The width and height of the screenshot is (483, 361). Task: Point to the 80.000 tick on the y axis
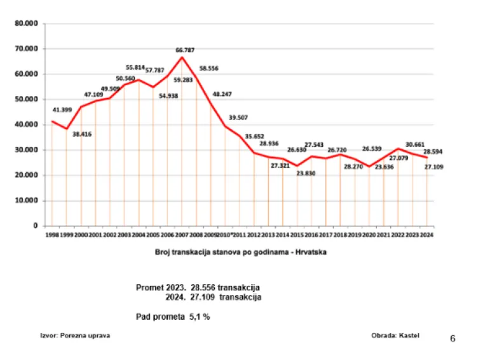click(27, 24)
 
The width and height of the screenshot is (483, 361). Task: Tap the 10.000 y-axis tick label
click(27, 201)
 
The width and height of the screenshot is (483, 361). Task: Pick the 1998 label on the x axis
click(53, 235)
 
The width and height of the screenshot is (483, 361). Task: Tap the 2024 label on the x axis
click(426, 235)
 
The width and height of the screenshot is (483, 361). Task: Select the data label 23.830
click(306, 172)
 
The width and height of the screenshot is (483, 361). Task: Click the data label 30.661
click(414, 144)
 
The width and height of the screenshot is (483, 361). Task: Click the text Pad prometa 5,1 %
click(173, 316)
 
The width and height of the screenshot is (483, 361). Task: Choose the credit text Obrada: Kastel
click(395, 335)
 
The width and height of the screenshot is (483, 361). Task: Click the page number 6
click(452, 338)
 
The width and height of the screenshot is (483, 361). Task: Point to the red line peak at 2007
click(183, 57)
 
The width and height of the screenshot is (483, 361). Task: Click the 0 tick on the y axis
click(36, 226)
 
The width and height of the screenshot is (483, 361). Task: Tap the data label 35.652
click(255, 136)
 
